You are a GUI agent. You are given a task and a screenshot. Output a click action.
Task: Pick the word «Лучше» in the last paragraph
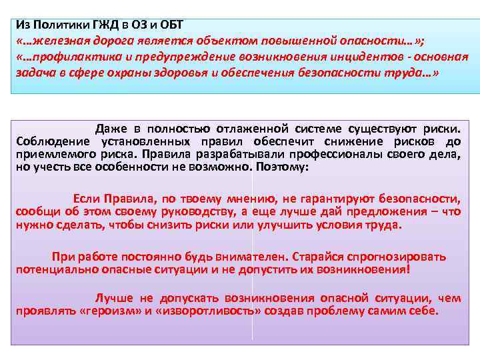[x=114, y=298]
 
